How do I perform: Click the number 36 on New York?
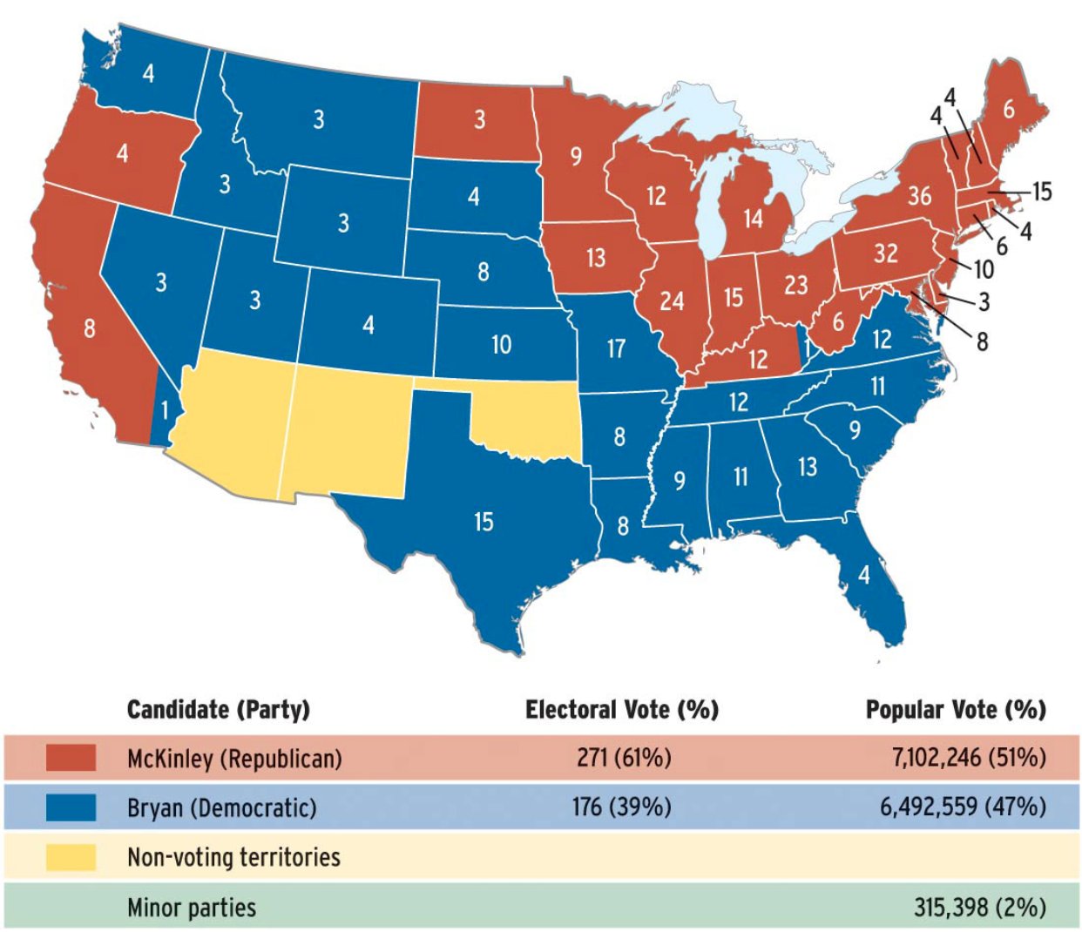tap(919, 195)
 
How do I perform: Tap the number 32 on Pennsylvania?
tap(885, 253)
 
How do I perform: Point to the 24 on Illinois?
tap(672, 301)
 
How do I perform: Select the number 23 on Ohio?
tap(795, 285)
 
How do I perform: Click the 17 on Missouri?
tap(616, 348)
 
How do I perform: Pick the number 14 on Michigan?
tap(753, 218)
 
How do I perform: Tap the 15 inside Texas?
tap(484, 522)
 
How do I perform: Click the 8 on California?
tap(90, 328)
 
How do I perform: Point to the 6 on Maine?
tap(1008, 110)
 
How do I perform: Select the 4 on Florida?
tap(863, 575)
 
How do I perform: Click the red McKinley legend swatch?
tap(71, 758)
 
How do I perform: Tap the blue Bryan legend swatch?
tap(71, 807)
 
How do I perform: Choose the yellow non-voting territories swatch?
tap(71, 857)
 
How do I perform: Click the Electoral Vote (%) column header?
tap(621, 710)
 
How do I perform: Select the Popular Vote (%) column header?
tap(956, 710)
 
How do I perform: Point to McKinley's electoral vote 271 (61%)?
tap(624, 758)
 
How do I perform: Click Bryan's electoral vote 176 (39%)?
tap(621, 807)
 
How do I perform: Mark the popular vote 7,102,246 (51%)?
tap(968, 758)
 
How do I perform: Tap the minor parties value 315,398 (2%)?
tap(979, 908)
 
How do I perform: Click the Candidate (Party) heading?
tap(218, 710)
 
